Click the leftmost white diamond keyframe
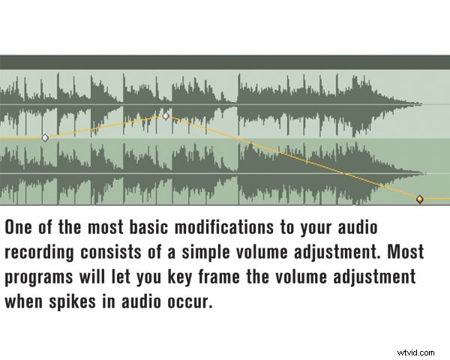pyautogui.click(x=45, y=138)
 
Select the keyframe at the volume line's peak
pyautogui.click(x=166, y=116)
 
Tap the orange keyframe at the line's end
pyautogui.click(x=420, y=199)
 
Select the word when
pyautogui.click(x=24, y=303)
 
